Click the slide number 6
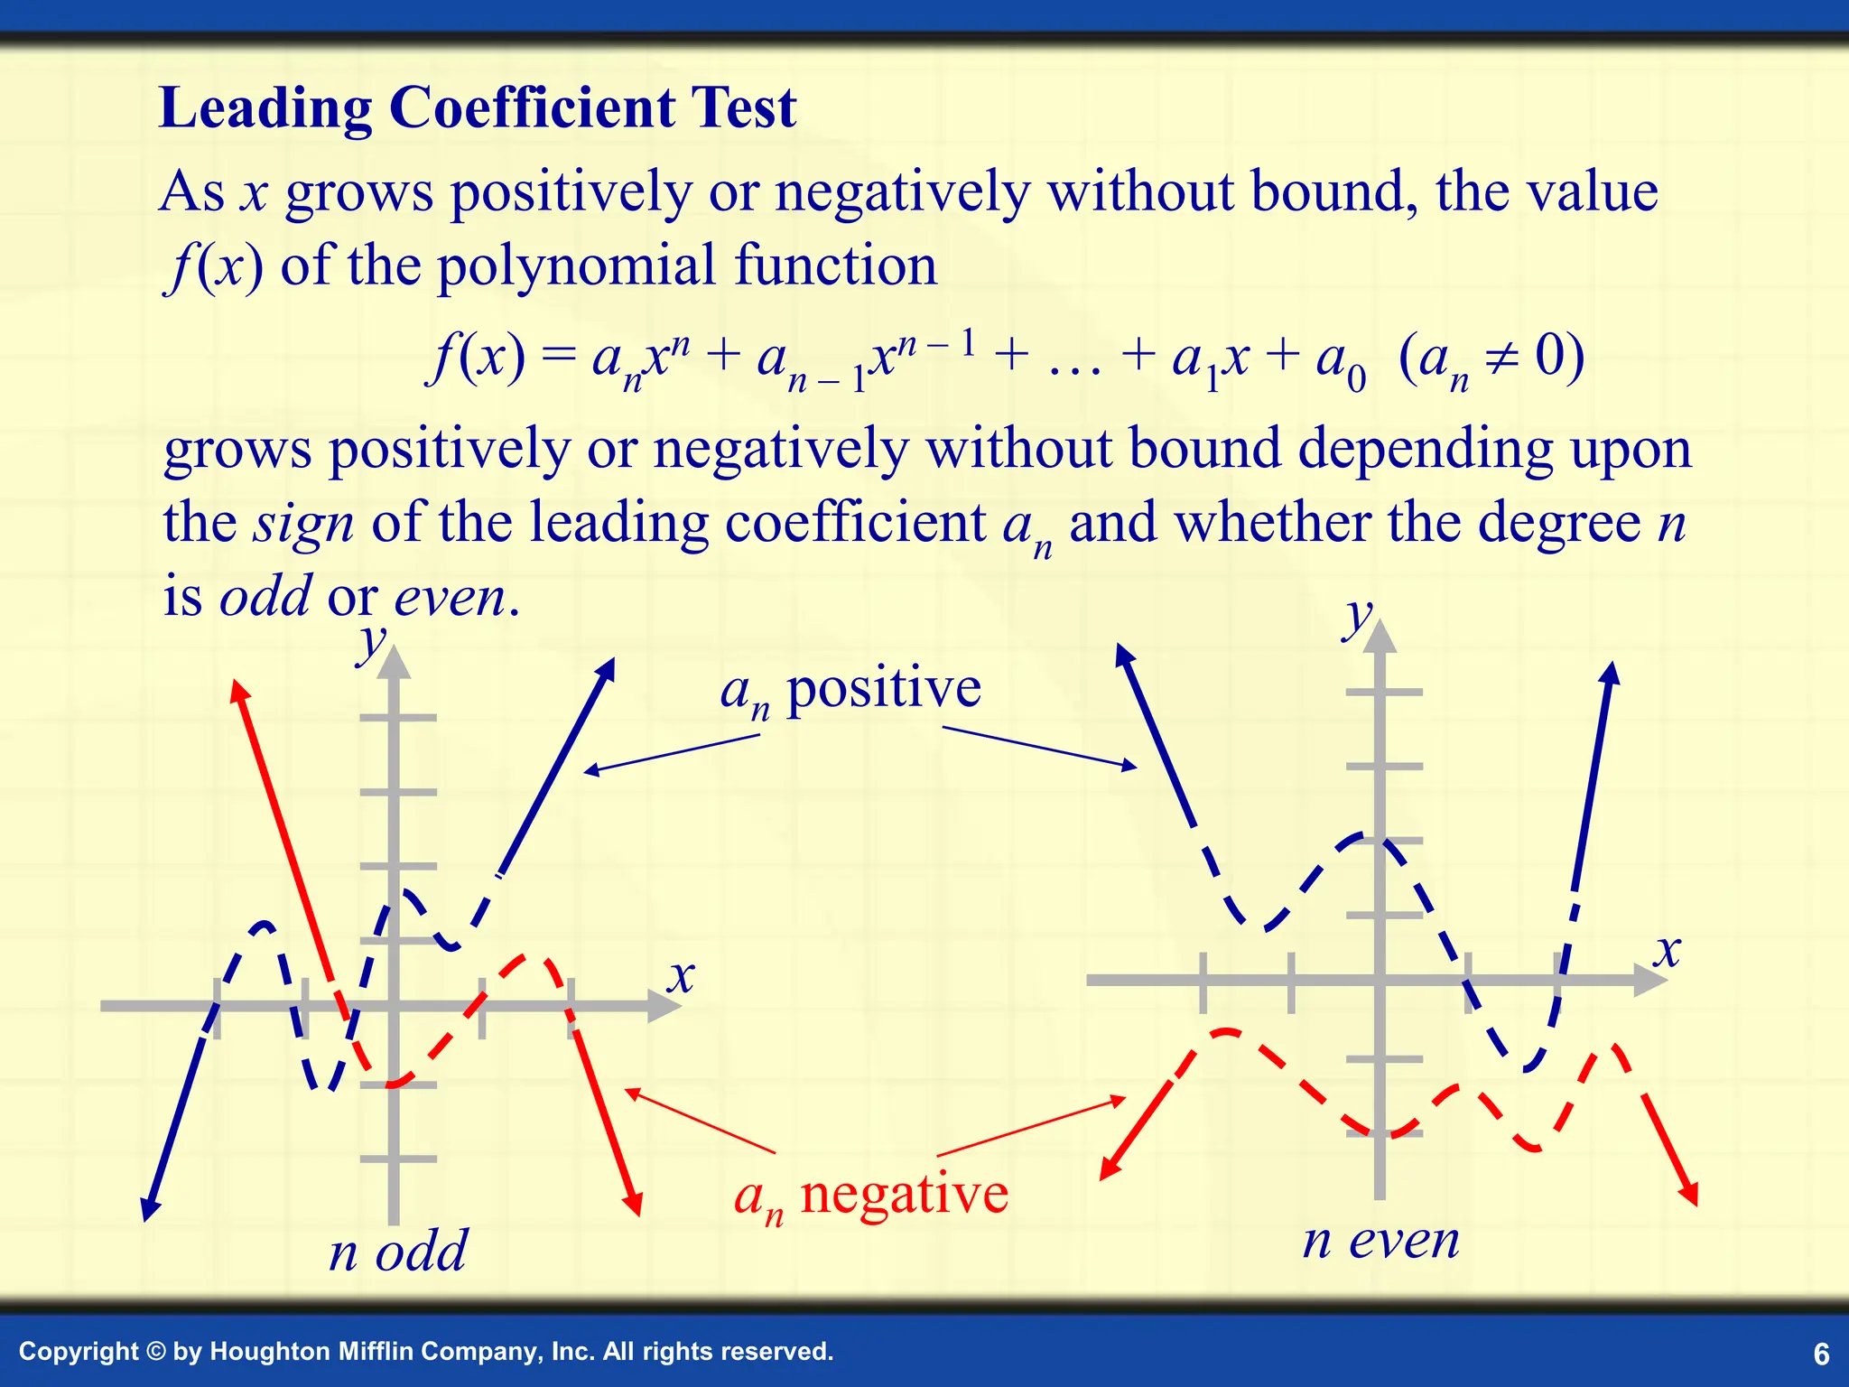pyautogui.click(x=1821, y=1354)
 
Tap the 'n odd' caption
pyautogui.click(x=398, y=1252)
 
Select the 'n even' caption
pyautogui.click(x=1380, y=1241)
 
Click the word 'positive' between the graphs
pyautogui.click(x=883, y=690)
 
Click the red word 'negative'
pyautogui.click(x=904, y=1195)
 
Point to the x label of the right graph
pyautogui.click(x=1668, y=952)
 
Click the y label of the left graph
pyautogui.click(x=371, y=643)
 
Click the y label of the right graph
pyautogui.click(x=1357, y=618)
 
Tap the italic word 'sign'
pyautogui.click(x=303, y=524)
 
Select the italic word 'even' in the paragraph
pyautogui.click(x=451, y=598)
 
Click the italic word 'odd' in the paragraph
pyautogui.click(x=265, y=598)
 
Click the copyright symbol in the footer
pyautogui.click(x=154, y=1352)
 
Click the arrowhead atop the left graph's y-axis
pyautogui.click(x=393, y=663)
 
